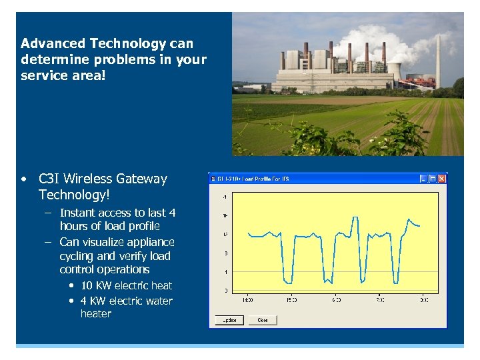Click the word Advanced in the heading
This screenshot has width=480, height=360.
51,44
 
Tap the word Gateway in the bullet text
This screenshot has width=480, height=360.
141,179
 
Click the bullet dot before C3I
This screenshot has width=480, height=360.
24,179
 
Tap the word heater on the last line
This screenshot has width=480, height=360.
96,314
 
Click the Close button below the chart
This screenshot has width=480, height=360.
263,320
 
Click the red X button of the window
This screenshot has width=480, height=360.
441,179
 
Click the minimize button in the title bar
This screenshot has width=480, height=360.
423,179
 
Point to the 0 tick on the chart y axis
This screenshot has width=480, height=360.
225,291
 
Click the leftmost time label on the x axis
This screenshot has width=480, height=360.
247,301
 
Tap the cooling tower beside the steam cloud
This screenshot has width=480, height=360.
393,69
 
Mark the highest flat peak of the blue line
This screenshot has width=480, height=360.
411,221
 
